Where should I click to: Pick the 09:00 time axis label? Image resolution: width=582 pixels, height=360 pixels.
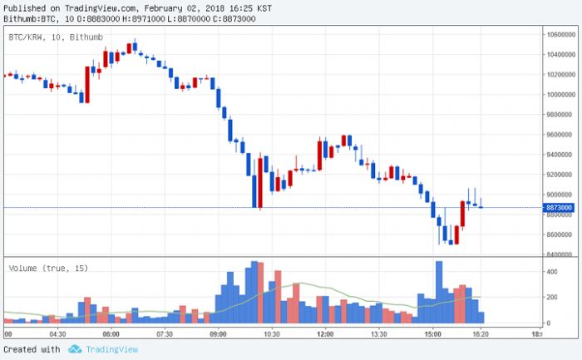218,334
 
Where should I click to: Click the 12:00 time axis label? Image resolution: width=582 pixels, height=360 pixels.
324,334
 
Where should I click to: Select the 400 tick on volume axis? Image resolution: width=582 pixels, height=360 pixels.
552,272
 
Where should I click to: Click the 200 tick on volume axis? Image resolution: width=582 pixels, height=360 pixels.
552,297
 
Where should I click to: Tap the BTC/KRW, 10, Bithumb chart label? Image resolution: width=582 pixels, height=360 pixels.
52,37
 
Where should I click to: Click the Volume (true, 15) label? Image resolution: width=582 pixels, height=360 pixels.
48,268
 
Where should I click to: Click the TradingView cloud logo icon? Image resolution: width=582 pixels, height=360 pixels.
75,350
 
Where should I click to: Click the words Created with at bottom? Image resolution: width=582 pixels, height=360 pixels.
32,350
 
